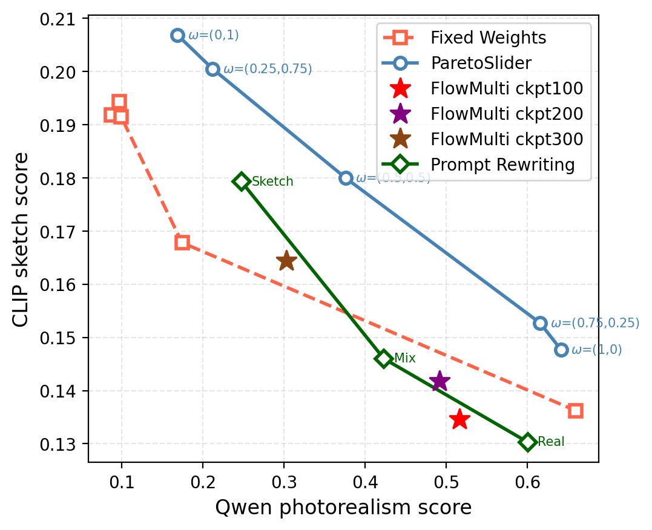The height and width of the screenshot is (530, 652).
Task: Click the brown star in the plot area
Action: pyautogui.click(x=286, y=261)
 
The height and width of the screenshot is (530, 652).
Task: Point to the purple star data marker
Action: pyautogui.click(x=440, y=381)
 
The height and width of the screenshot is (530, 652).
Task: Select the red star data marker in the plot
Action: pyautogui.click(x=459, y=419)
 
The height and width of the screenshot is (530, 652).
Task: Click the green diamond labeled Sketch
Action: pyautogui.click(x=242, y=181)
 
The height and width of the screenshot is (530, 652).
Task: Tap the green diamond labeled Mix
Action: pyautogui.click(x=383, y=358)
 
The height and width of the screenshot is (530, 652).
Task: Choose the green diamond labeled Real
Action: pyautogui.click(x=527, y=442)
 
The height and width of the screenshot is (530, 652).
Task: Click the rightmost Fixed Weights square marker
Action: pyautogui.click(x=576, y=411)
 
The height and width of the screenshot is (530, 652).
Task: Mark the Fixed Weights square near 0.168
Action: pyautogui.click(x=182, y=242)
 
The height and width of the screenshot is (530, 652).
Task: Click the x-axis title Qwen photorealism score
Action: pyautogui.click(x=343, y=508)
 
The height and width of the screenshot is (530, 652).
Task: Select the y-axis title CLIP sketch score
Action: pyautogui.click(x=21, y=240)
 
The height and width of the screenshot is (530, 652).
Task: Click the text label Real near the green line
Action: pyautogui.click(x=551, y=442)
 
